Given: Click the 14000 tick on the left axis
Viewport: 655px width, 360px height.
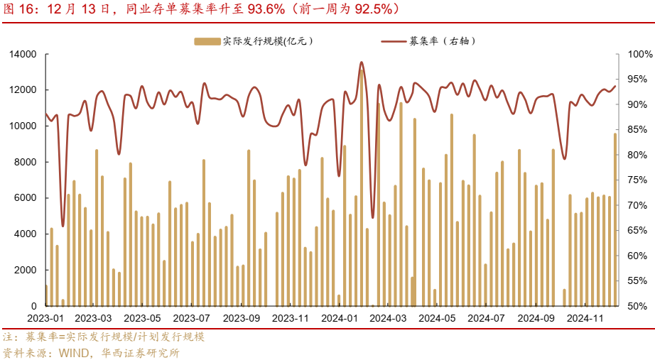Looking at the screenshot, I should [x=23, y=54].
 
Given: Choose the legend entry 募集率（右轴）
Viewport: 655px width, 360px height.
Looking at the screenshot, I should [x=440, y=41].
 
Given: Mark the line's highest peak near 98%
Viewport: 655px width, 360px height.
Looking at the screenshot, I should [x=362, y=62].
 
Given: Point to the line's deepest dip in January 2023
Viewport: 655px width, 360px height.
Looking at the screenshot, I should [x=63, y=226].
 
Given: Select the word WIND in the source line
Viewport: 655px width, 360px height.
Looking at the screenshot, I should [x=75, y=351].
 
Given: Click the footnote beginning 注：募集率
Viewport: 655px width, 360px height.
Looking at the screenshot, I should [x=104, y=337].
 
